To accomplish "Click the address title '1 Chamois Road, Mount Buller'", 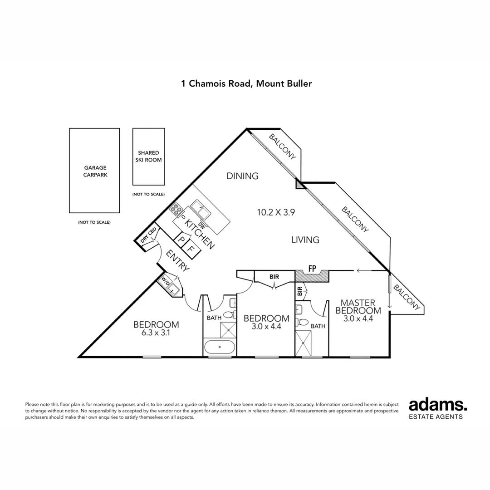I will (x=246, y=83).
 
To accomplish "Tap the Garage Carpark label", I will (x=95, y=171).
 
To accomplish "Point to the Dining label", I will (x=242, y=176).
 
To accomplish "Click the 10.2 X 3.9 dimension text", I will (x=276, y=212).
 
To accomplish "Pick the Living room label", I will (x=305, y=240).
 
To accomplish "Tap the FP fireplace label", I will (x=312, y=269).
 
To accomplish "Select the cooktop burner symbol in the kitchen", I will (x=176, y=210).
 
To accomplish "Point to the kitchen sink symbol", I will (x=200, y=210).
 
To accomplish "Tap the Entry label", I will (x=177, y=260).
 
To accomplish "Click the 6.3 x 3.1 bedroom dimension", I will (x=156, y=333).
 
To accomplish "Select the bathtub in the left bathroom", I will (x=220, y=348).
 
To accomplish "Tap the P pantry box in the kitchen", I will (x=181, y=239).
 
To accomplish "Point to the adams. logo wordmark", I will (x=438, y=405).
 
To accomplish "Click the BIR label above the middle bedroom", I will (x=274, y=276).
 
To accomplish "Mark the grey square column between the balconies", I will (x=299, y=183).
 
